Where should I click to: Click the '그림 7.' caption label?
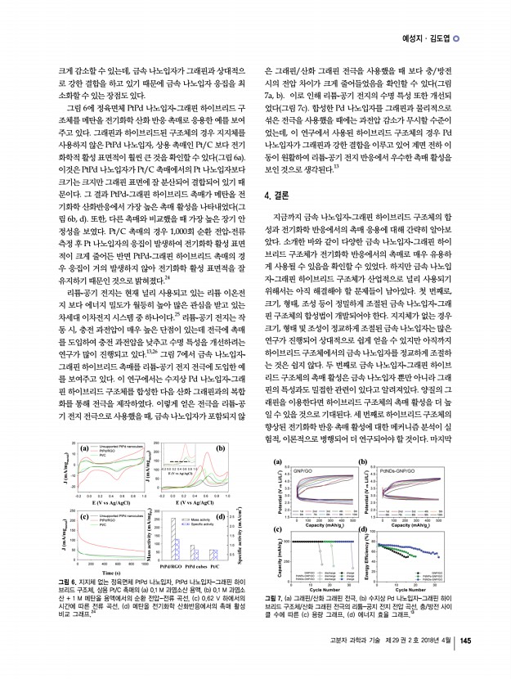pyautogui.click(x=277, y=600)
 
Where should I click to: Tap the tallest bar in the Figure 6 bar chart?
pyautogui.click(x=173, y=540)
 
